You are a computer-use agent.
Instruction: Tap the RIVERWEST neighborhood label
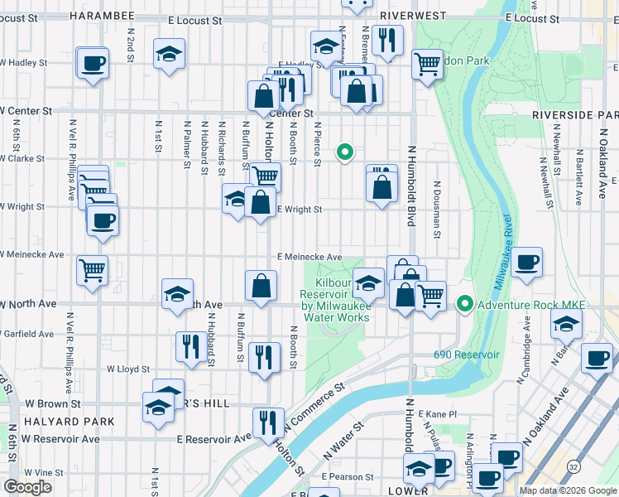coord(413,16)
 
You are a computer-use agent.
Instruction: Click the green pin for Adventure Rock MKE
coord(465,305)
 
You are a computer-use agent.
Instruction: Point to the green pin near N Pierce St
coord(345,152)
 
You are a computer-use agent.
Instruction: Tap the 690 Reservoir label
coord(467,355)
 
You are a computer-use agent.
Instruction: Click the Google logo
coord(28,487)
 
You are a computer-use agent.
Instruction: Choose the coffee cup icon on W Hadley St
coord(93,62)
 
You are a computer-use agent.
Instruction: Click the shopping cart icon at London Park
coord(427,63)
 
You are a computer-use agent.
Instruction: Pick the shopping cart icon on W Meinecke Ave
coord(92,269)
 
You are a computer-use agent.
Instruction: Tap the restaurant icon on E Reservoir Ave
coord(268,422)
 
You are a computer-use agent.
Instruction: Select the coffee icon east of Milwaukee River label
coord(526,263)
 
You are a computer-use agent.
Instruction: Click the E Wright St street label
coord(299,210)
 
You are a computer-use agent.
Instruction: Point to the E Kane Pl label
coord(438,413)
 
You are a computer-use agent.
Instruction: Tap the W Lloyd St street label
coord(127,369)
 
